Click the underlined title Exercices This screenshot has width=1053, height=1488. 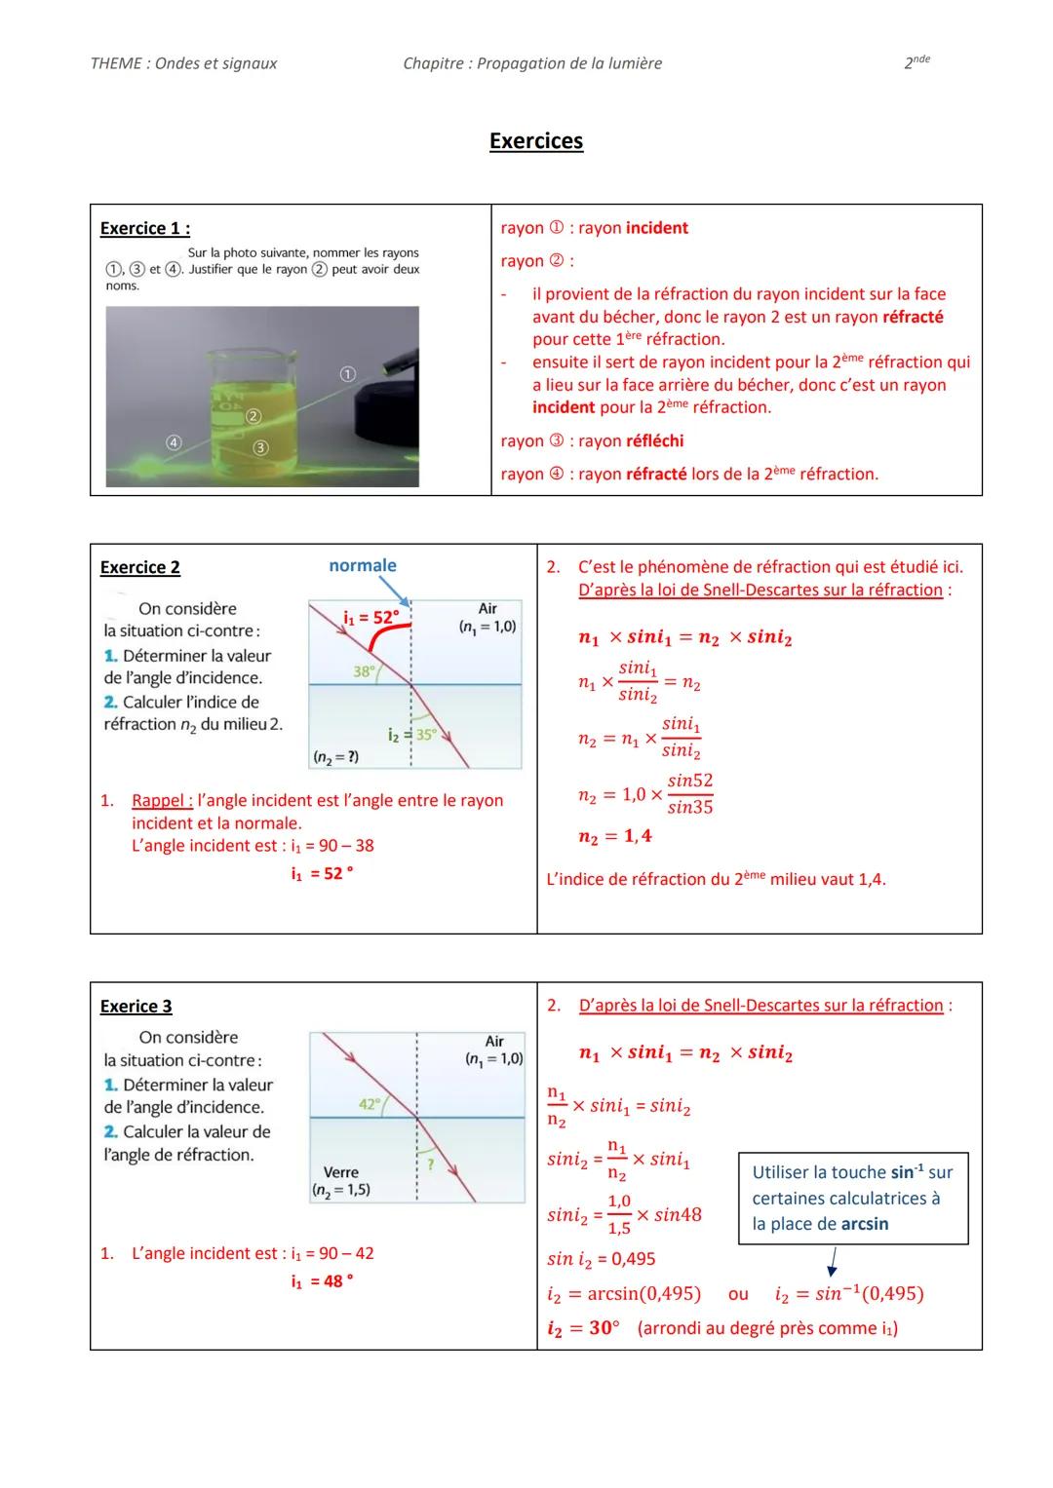click(x=535, y=141)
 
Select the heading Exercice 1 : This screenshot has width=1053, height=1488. click(x=144, y=228)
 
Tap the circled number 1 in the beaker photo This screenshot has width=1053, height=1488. click(x=347, y=373)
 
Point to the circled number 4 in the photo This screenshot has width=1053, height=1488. click(x=173, y=441)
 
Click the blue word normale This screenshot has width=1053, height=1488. click(x=362, y=565)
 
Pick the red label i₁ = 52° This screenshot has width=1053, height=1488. click(x=370, y=618)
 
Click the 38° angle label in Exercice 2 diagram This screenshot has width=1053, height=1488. click(x=363, y=671)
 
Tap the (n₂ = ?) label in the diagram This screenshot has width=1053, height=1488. click(x=334, y=756)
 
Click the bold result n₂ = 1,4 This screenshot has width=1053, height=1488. click(x=614, y=836)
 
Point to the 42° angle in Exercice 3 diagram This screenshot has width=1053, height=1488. click(x=370, y=1103)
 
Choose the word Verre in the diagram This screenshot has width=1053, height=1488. click(x=340, y=1172)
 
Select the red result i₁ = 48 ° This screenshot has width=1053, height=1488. click(x=321, y=1280)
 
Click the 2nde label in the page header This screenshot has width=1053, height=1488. click(x=916, y=62)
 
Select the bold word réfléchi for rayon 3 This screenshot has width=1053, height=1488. click(x=654, y=440)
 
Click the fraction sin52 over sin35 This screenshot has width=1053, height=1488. click(x=689, y=793)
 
